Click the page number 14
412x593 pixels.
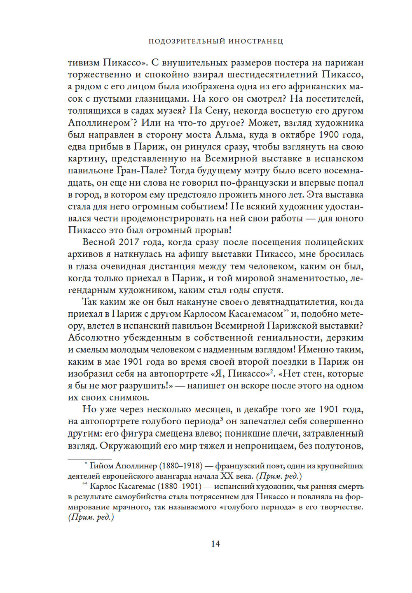coord(215,544)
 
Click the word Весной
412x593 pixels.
coord(99,242)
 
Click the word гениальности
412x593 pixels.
coord(290,338)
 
